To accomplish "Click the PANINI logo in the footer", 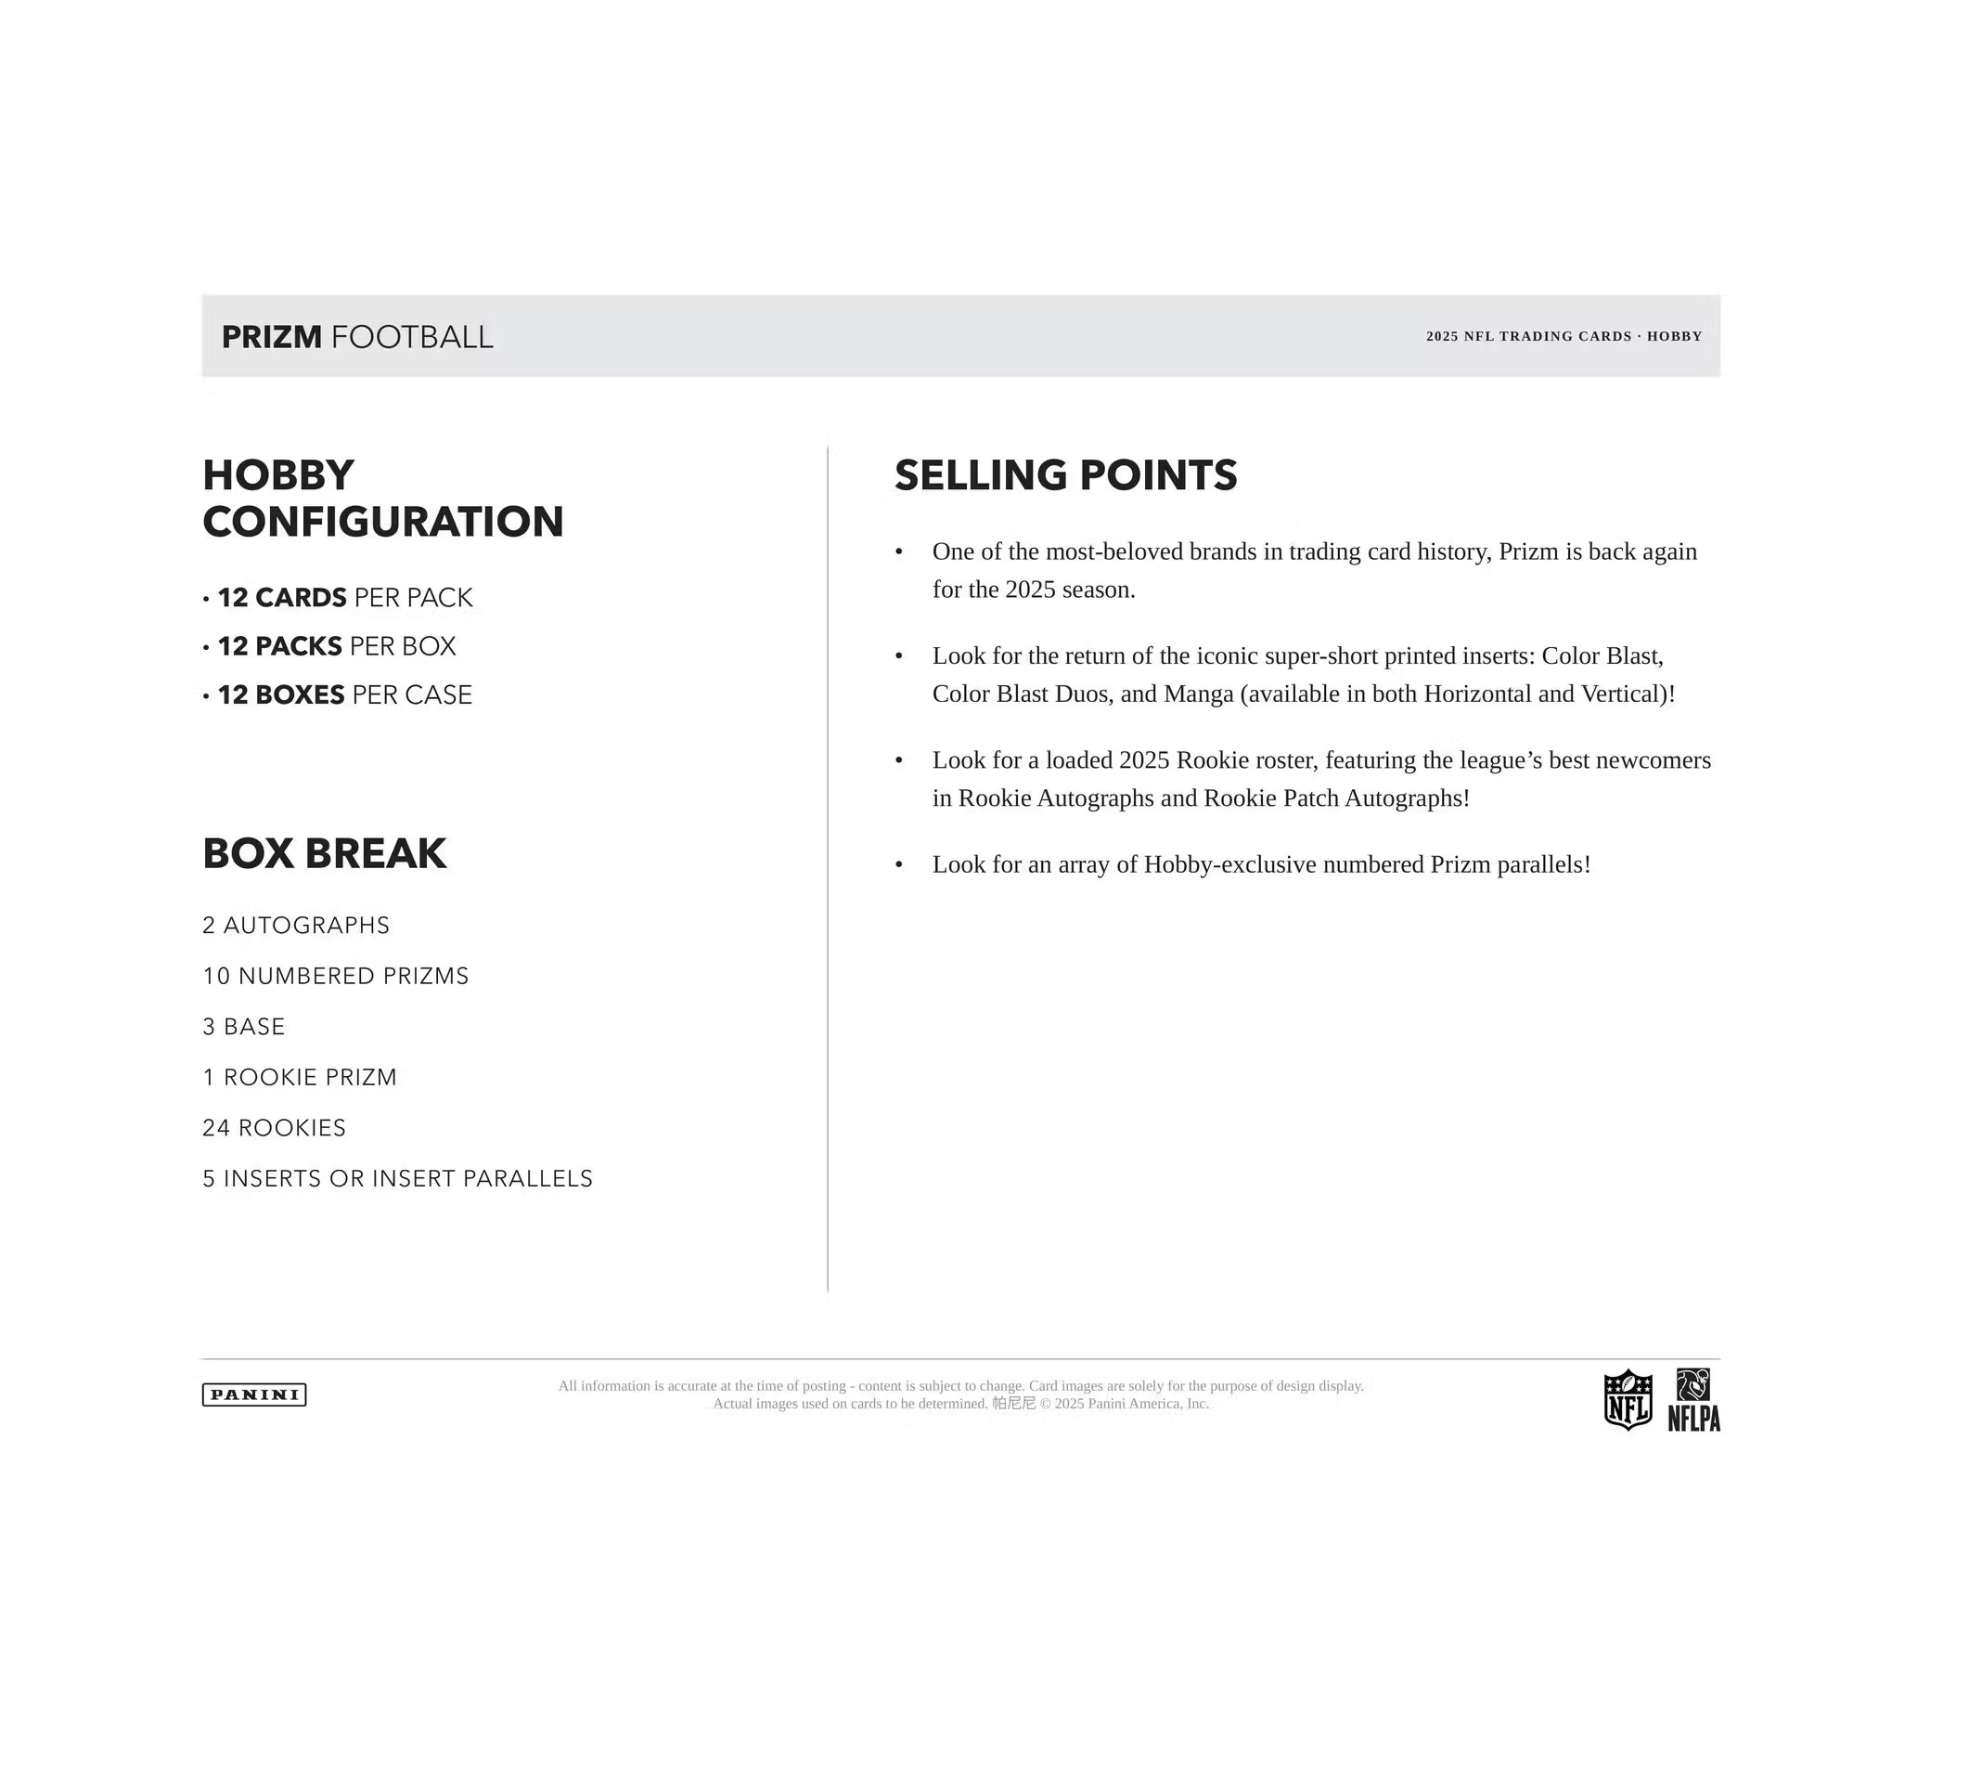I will (x=253, y=1394).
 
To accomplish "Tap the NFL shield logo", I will (x=1628, y=1398).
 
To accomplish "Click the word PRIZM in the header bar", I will (x=271, y=336).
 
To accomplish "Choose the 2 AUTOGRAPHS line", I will (x=296, y=925).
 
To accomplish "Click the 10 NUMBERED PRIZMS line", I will (x=335, y=976).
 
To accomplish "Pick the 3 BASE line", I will (x=244, y=1026).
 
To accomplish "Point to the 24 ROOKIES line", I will (x=275, y=1127).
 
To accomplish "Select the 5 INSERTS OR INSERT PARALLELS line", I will (x=397, y=1178).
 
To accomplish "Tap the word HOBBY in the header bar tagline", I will (x=1674, y=336).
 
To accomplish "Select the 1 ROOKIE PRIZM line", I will (x=300, y=1077).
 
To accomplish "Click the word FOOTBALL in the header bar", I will (x=412, y=336).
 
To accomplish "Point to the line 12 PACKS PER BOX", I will (x=336, y=646).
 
